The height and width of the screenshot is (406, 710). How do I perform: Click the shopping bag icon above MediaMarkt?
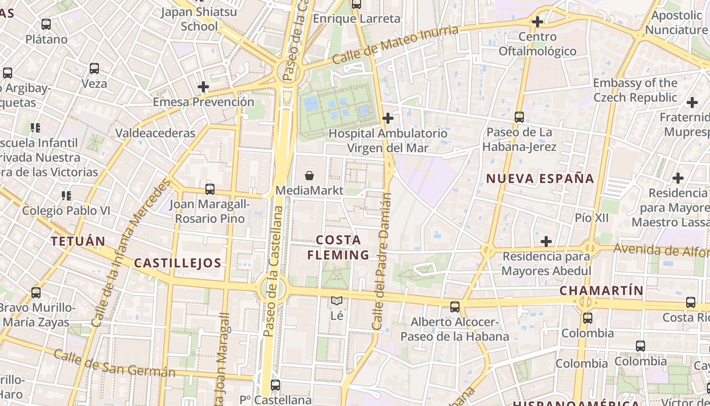(309, 176)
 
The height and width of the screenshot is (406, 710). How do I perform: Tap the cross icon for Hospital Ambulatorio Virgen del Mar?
(388, 118)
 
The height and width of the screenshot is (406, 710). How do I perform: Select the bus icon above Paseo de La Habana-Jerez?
(519, 117)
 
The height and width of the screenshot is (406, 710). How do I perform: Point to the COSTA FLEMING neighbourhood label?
(338, 247)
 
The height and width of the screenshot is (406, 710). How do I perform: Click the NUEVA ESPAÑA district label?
(540, 179)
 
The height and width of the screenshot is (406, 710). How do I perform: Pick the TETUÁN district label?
(78, 241)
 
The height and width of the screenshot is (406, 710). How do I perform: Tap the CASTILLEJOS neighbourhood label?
(177, 263)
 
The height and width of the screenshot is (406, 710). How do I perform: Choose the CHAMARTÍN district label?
(601, 291)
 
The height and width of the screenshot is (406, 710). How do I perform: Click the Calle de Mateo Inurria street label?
(396, 45)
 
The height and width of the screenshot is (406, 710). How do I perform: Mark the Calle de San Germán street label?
(114, 363)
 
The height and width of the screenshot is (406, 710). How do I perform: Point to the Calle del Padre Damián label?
(382, 261)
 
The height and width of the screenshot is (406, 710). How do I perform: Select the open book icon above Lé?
(337, 301)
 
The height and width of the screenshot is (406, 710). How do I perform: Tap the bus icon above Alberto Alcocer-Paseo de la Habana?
(455, 307)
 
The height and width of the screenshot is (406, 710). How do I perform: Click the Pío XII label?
(591, 218)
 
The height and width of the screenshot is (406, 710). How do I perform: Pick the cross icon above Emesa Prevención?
(203, 87)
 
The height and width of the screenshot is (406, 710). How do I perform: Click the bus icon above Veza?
(94, 69)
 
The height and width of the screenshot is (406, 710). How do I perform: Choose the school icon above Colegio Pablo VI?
(66, 195)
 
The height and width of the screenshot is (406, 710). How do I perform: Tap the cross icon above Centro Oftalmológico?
(538, 22)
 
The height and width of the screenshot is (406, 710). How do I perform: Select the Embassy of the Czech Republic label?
(635, 90)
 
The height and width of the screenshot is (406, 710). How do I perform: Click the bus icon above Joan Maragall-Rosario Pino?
(210, 189)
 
